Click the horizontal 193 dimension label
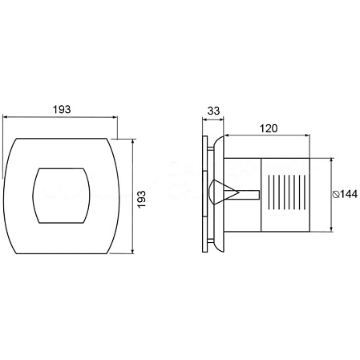click(x=62, y=109)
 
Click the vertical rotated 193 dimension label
click(x=141, y=199)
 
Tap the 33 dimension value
click(x=213, y=111)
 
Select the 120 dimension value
click(x=269, y=128)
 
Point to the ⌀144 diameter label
click(x=345, y=194)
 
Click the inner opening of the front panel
click(x=61, y=196)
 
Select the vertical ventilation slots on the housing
click(x=286, y=192)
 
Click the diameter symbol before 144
click(x=336, y=195)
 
